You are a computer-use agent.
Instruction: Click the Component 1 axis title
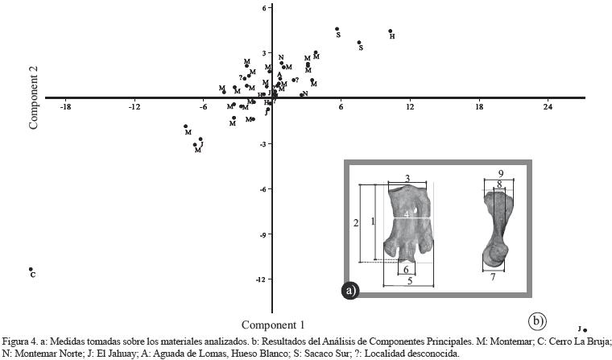point(273,325)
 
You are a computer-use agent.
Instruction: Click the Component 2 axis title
point(35,98)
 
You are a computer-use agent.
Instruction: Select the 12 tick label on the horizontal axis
point(410,107)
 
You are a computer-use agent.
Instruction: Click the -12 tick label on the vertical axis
point(260,279)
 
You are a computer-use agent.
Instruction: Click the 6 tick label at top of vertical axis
point(264,8)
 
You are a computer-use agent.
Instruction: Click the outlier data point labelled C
point(31,270)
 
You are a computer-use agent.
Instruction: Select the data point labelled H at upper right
point(391,31)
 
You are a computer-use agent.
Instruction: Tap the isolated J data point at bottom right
point(585,329)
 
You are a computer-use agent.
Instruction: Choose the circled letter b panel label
point(538,322)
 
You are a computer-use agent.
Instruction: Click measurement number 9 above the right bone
point(501,173)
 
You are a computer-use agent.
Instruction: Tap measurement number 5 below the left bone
point(410,281)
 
